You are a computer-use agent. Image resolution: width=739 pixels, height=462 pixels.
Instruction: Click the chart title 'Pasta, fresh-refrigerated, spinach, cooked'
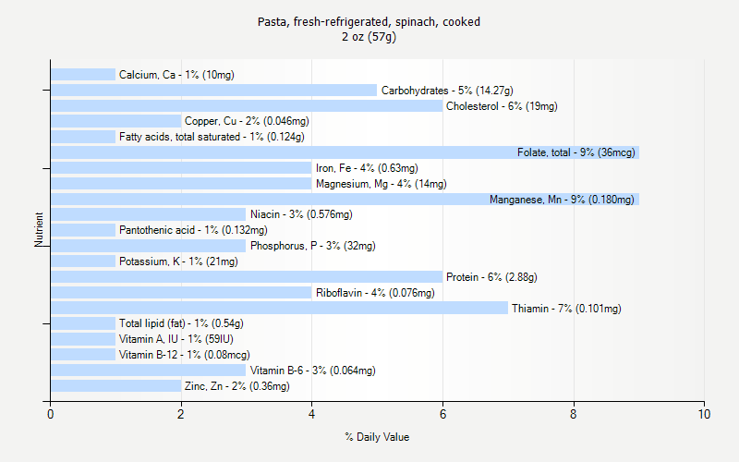click(369, 21)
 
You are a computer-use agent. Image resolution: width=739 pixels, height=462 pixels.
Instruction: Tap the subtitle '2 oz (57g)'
click(369, 37)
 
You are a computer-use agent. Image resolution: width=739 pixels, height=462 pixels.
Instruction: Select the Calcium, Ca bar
click(83, 75)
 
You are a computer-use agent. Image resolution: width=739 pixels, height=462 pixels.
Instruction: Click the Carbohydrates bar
click(213, 91)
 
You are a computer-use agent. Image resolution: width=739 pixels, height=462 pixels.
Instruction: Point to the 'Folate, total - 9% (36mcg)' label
click(575, 152)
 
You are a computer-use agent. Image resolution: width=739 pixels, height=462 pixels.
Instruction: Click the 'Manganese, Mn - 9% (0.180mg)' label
click(562, 200)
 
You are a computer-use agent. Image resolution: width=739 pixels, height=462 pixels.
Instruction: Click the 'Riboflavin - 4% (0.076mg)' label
click(375, 293)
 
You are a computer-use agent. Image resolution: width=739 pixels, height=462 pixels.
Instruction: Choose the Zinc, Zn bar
click(115, 386)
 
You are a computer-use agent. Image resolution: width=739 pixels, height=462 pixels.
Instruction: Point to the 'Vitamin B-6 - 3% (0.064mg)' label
click(312, 371)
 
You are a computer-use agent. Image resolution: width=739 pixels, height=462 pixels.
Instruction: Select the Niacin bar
click(148, 214)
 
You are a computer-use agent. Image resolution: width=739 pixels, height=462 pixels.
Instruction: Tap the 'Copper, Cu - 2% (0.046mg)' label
click(247, 121)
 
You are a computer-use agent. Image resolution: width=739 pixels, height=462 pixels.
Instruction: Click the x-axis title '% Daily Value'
click(377, 437)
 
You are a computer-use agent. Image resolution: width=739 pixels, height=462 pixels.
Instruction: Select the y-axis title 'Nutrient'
click(40, 230)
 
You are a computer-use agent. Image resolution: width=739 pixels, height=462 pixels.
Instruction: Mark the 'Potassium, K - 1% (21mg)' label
click(178, 261)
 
